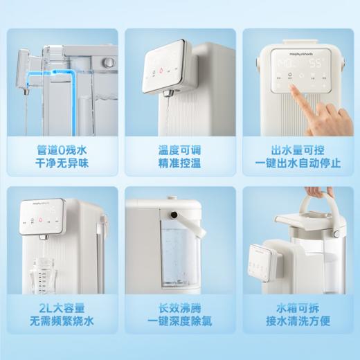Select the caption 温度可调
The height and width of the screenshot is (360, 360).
(x=180, y=150)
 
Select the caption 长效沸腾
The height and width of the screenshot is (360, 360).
(x=180, y=307)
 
